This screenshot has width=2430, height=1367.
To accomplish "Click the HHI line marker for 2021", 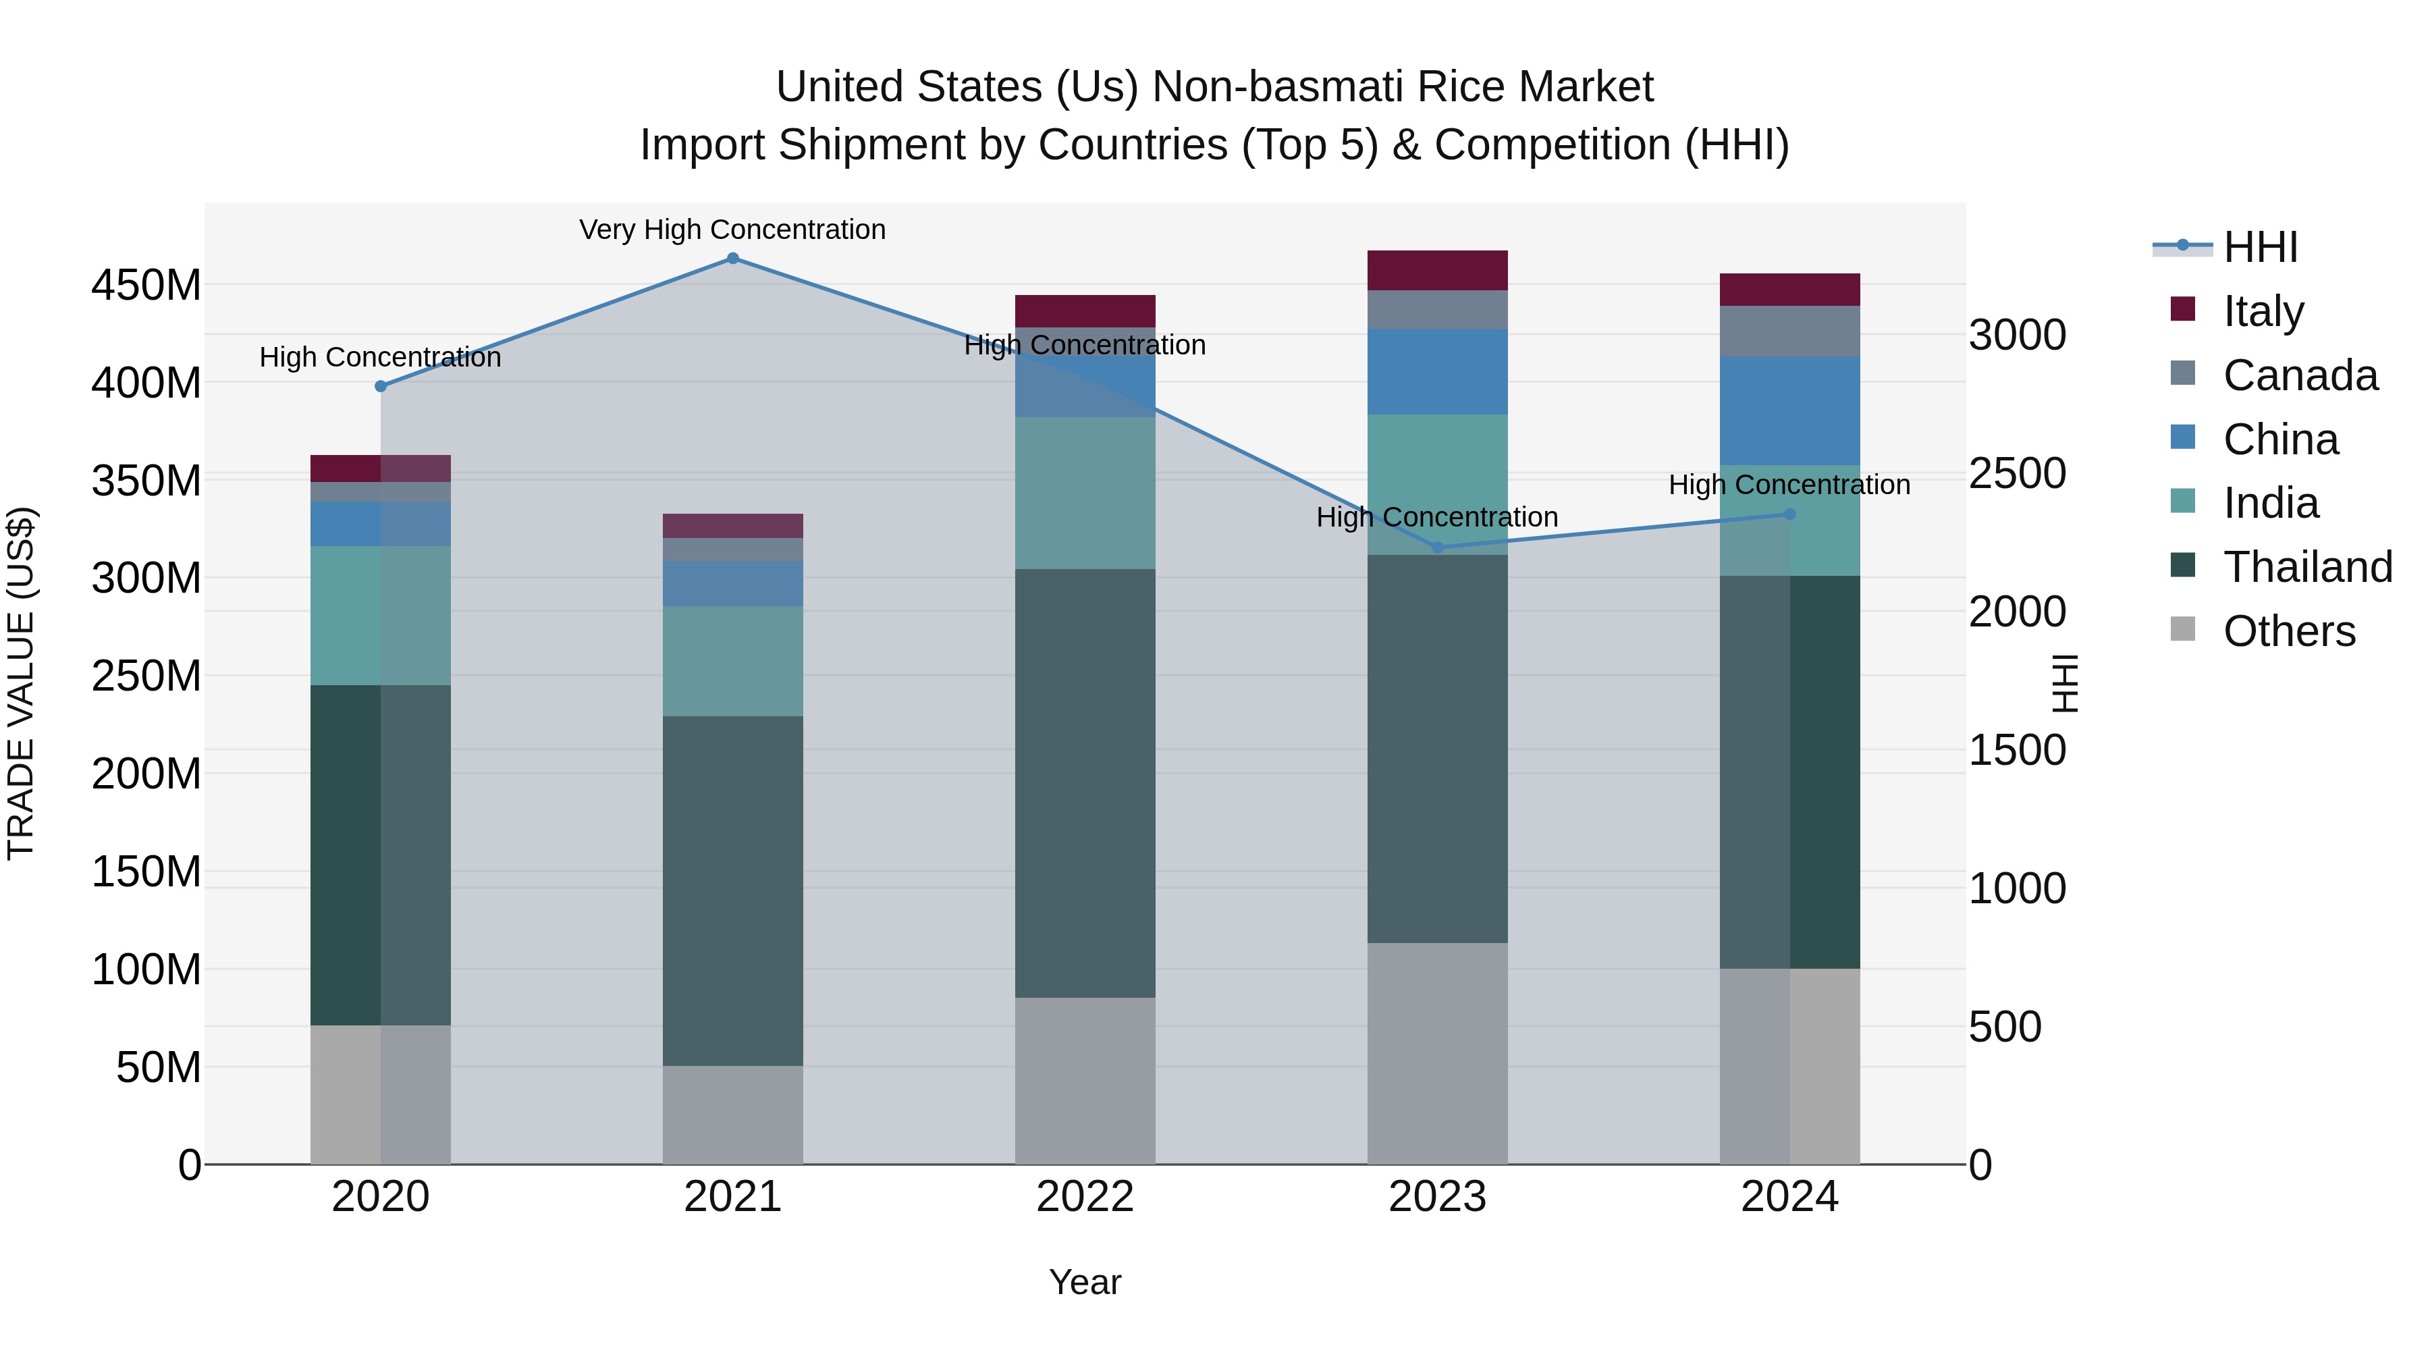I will [x=733, y=259].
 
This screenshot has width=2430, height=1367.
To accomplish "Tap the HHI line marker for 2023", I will [x=1438, y=547].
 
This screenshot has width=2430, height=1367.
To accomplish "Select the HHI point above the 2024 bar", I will [x=1789, y=514].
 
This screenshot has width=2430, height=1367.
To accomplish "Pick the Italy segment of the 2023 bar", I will [x=1438, y=271].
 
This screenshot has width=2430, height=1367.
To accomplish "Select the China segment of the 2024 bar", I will [x=1789, y=410].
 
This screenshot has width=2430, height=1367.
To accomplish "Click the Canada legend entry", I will [x=2300, y=375].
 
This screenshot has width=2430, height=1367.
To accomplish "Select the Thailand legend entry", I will [x=2307, y=567].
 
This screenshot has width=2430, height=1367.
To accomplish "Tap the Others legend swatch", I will [x=2183, y=629].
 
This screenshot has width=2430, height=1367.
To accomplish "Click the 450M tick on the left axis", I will [x=146, y=285].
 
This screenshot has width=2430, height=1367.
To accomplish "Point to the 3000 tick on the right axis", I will [x=2018, y=335].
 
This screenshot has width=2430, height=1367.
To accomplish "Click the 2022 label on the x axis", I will [x=1085, y=1197].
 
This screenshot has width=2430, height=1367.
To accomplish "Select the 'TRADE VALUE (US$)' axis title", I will [x=21, y=683].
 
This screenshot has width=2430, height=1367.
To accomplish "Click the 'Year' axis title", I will [x=1085, y=1282].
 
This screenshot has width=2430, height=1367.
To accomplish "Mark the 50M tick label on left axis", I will [x=157, y=1067].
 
